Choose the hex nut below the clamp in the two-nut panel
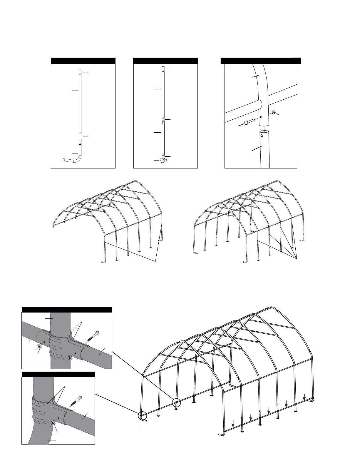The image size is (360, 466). [x=70, y=358]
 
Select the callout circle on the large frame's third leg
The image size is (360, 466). [x=177, y=402]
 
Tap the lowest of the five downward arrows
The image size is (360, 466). [x=233, y=424]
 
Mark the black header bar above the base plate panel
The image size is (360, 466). [x=165, y=61]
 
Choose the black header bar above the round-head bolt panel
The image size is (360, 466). [x=261, y=61]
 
